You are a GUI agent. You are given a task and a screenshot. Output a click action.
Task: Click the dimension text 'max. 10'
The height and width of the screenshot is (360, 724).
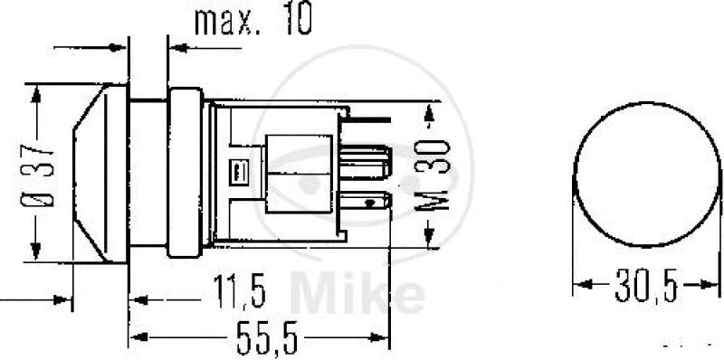(x=253, y=20)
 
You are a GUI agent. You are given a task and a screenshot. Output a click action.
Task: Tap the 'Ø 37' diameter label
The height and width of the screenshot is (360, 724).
(x=36, y=175)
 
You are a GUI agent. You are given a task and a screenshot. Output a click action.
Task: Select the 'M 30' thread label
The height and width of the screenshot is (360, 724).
(x=432, y=175)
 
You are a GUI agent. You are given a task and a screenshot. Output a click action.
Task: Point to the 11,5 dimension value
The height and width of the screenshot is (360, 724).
(x=239, y=292)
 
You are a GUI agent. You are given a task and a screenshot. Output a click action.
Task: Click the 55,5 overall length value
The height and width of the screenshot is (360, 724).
(x=265, y=338)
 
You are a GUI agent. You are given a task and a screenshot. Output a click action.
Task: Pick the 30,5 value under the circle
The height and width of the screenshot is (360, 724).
(x=646, y=285)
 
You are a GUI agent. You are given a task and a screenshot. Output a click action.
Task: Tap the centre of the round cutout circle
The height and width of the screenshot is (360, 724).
(x=646, y=175)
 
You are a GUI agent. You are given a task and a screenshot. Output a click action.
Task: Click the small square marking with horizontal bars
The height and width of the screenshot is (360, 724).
(x=237, y=173)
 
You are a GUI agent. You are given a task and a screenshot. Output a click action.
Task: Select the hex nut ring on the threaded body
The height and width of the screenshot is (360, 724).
(x=185, y=173)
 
